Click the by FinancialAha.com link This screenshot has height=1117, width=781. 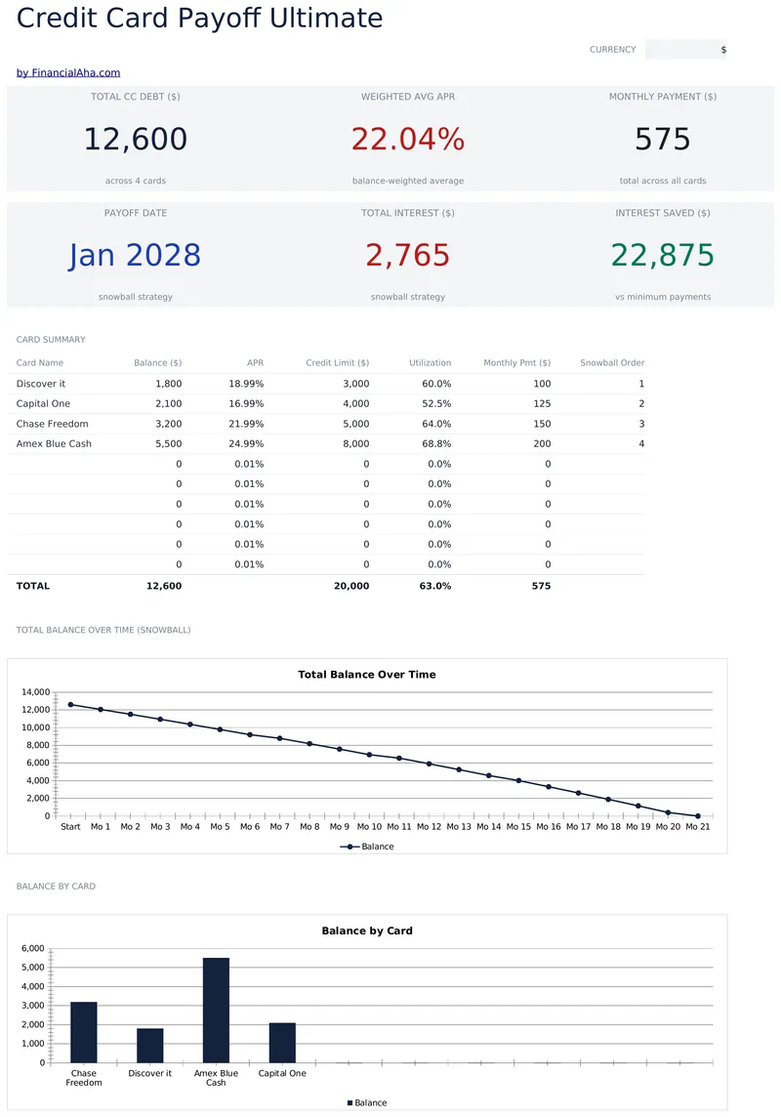68,72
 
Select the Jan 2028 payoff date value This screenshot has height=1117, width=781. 136,255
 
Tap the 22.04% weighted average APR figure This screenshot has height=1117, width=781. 408,139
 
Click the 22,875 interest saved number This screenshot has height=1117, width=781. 663,255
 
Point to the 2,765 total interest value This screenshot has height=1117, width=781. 408,255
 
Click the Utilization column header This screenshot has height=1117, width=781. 430,362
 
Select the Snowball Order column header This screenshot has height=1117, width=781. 612,362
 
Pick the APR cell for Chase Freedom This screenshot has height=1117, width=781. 246,424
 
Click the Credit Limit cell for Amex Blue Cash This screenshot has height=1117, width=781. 356,444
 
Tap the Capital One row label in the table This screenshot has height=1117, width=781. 43,404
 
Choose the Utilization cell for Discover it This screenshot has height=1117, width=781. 436,384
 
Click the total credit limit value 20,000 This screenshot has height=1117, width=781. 351,586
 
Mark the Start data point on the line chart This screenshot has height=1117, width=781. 70,705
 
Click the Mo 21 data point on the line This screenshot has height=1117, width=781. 698,816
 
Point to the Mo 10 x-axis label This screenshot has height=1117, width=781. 369,827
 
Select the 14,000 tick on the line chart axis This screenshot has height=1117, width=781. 35,692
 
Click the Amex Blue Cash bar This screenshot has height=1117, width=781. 217,1011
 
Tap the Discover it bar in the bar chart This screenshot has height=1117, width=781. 150,1046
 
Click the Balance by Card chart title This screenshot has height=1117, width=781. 367,931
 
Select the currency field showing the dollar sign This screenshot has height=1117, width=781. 687,50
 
